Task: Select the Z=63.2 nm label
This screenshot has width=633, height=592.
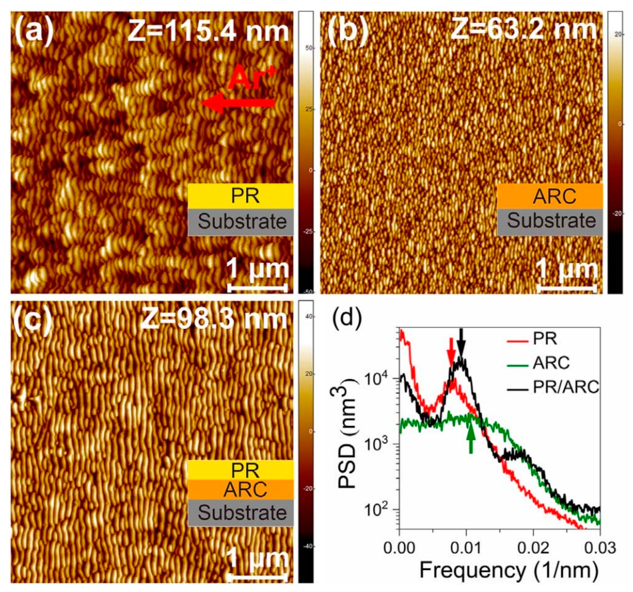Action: (523, 30)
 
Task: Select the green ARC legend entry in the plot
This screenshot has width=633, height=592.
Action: (551, 363)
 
